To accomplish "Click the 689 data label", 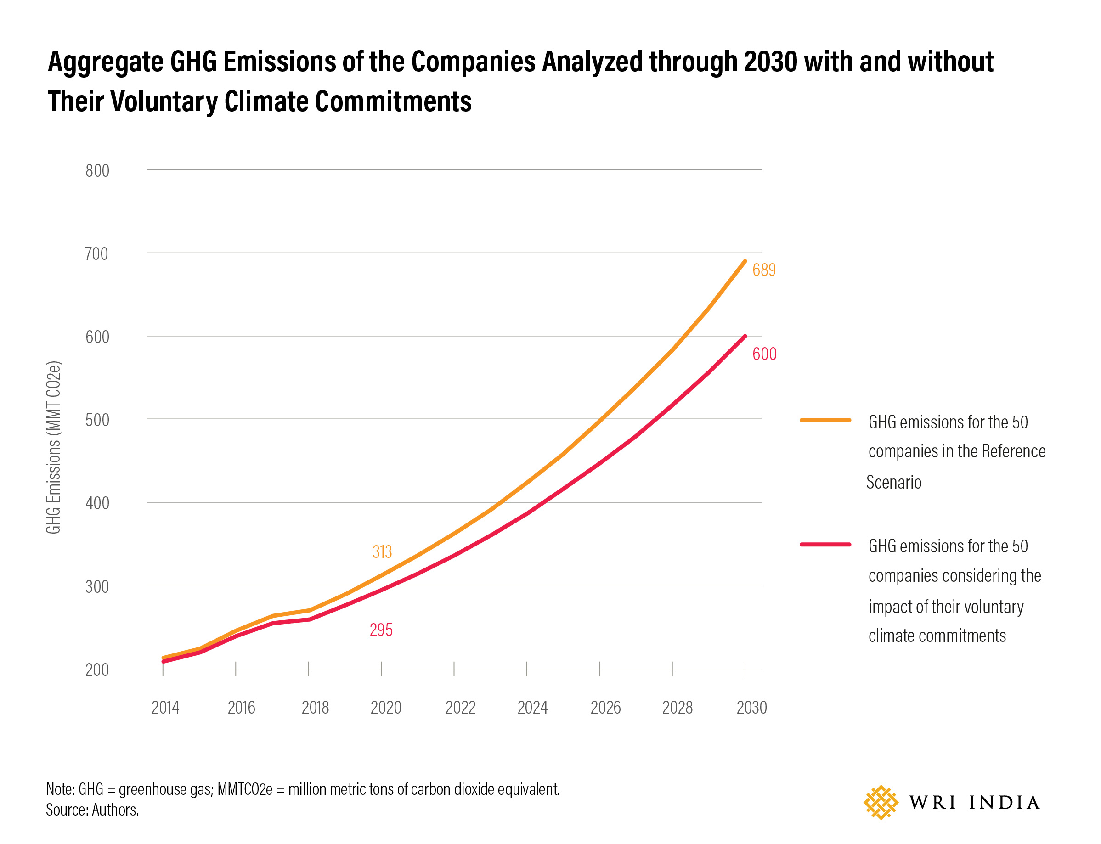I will pos(763,270).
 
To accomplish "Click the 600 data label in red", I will pos(764,354).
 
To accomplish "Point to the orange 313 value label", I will pos(382,551).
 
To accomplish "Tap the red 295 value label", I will pos(381,630).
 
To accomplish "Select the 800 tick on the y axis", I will pos(97,171).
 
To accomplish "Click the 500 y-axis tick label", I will pos(97,420).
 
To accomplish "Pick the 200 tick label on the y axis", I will pos(97,670).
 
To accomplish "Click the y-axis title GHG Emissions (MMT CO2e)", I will pos(53,447).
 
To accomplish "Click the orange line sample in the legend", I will pos(825,420).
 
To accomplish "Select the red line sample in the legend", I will pos(825,544).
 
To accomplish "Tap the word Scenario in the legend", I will pos(893,482).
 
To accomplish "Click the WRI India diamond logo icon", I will pos(881,802).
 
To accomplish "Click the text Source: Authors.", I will pos(92,810).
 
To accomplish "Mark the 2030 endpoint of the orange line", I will pos(744,261).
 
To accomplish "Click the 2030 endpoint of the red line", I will pos(744,336).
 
